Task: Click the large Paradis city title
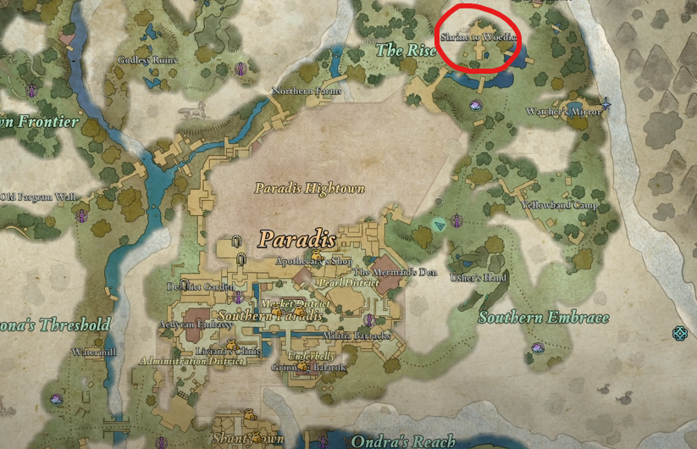coord(296,236)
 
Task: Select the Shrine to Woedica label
coord(477,37)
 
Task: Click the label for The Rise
coord(406,51)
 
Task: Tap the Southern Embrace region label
coord(543,318)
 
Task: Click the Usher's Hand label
coord(478,278)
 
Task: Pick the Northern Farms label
coord(306,91)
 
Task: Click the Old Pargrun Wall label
coord(39,197)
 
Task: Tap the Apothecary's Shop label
coord(313,263)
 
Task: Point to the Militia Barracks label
coord(359,336)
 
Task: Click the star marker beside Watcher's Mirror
coord(606,105)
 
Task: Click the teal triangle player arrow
coord(439,224)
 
